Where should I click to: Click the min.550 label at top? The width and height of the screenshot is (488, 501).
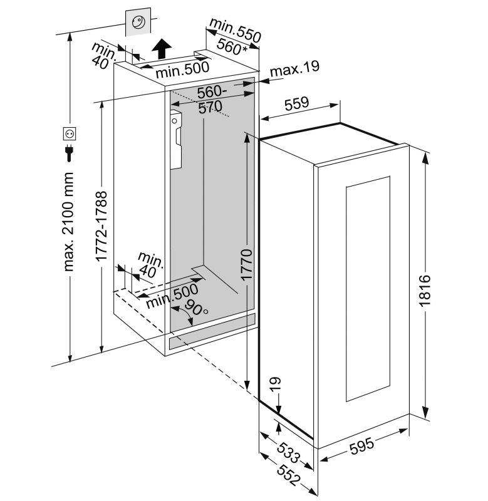pyautogui.click(x=234, y=29)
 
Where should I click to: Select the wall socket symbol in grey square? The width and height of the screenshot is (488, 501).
pyautogui.click(x=138, y=23)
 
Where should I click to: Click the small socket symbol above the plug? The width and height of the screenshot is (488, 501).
pyautogui.click(x=70, y=133)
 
